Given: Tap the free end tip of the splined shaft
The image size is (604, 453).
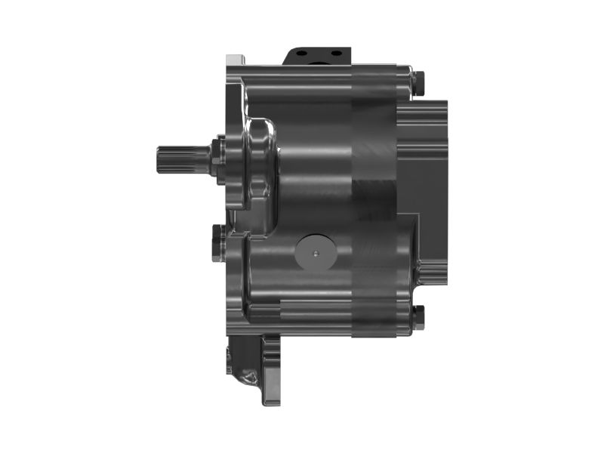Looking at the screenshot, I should [159, 159].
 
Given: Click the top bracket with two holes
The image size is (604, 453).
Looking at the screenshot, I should [318, 56].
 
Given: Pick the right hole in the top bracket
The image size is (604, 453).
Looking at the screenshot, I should [332, 54].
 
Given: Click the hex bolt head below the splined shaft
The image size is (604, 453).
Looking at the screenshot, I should [218, 242].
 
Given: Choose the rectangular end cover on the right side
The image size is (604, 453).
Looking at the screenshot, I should [423, 159].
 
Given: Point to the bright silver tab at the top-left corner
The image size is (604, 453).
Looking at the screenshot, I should [236, 59].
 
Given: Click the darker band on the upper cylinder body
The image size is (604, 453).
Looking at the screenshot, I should [374, 151].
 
